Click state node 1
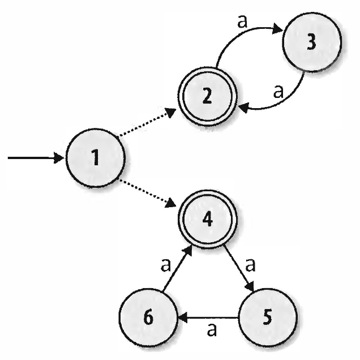pos(96,158)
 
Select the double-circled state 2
pos(208,96)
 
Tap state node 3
pos(312,42)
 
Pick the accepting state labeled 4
pos(208,219)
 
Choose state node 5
pos(268,318)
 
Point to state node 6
pos(148,318)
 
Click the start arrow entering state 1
pos(36,158)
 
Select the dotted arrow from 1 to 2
pos(147,122)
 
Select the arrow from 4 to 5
pos(239,268)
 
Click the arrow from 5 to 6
pos(208,318)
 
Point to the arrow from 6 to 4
pos(177,268)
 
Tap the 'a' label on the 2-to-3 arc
pos(243,22)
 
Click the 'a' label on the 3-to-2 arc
pos(278,91)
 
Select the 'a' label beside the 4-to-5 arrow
pos(250,265)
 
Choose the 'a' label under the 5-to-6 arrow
pos(212,330)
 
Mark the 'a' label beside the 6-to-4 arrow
pos(166,265)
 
